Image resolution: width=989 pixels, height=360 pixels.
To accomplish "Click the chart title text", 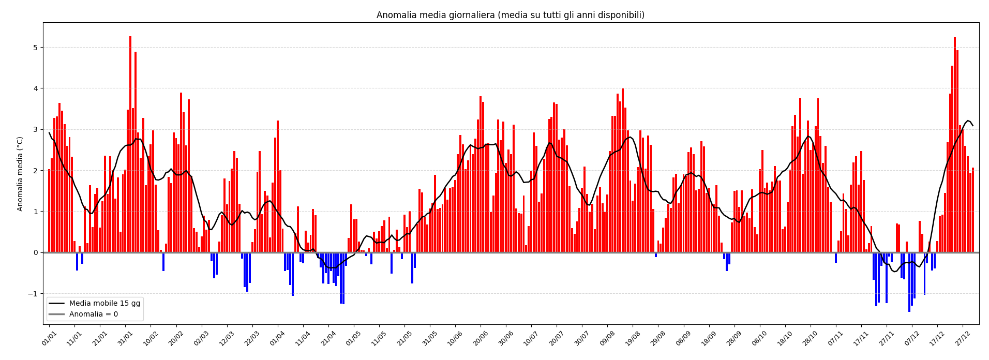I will [x=510, y=15].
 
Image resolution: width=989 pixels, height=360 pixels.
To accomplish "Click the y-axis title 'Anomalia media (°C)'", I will [x=20, y=174].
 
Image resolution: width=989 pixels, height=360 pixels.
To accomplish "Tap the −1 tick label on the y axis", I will [x=34, y=294].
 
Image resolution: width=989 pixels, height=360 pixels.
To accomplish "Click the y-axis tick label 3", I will [x=36, y=129].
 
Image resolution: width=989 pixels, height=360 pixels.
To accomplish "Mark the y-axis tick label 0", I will [x=36, y=253].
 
